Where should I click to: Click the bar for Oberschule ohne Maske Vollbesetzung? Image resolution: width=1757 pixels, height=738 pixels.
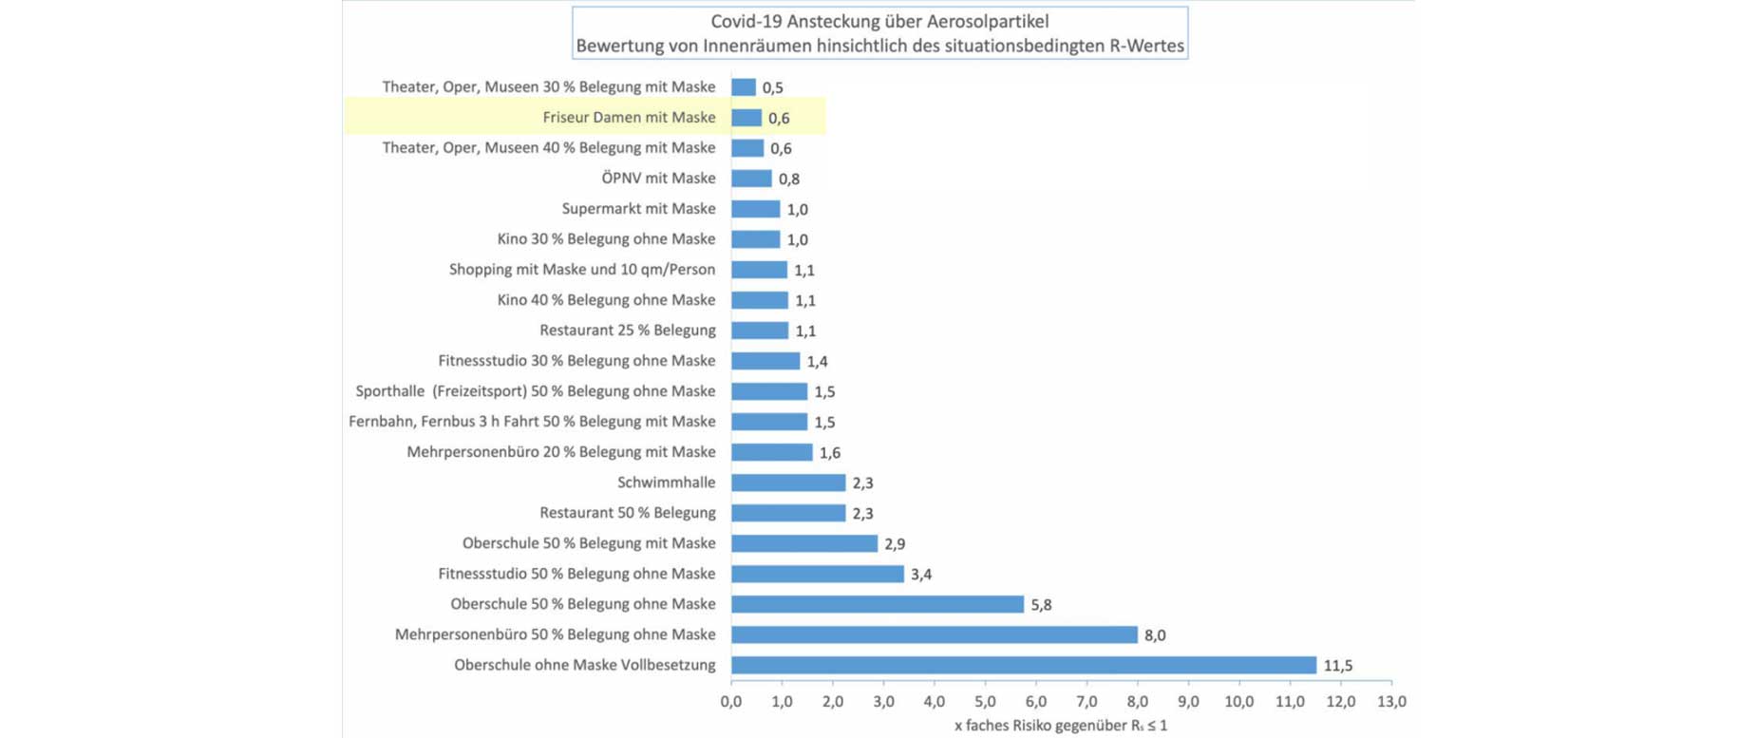[x=1023, y=665]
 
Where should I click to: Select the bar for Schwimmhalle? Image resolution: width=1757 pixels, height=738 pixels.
[x=787, y=483]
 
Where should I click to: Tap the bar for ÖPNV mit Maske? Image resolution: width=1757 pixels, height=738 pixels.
[x=751, y=179]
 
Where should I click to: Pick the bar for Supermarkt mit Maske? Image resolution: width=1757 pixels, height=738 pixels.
[x=755, y=209]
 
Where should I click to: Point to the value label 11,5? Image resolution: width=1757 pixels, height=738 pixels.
[x=1337, y=666]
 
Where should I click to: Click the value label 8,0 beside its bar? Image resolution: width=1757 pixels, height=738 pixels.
[x=1154, y=635]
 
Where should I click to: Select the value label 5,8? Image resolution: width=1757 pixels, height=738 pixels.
[x=1041, y=605]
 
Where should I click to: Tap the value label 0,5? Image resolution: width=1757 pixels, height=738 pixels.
[x=772, y=87]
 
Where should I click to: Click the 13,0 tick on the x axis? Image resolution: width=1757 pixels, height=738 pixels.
[x=1391, y=702]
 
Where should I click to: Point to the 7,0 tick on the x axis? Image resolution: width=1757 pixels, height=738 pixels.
[x=1086, y=702]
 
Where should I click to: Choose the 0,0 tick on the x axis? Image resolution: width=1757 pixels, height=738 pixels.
[x=731, y=702]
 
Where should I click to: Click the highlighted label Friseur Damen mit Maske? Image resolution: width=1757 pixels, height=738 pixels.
[x=629, y=117]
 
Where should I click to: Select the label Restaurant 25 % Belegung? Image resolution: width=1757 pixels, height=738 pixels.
[x=627, y=331]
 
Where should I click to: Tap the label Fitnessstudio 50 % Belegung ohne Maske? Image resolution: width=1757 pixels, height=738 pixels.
[x=576, y=574]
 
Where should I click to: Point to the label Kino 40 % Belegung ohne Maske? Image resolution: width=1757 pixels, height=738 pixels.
[x=606, y=300]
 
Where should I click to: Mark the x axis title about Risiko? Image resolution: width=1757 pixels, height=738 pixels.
[x=1060, y=726]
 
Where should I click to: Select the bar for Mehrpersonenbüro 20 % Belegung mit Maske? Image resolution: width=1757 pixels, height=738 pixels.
[x=771, y=452]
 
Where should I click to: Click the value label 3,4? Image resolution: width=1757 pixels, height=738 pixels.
[x=920, y=575]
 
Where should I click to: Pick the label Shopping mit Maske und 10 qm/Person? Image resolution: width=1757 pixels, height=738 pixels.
[x=581, y=270]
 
